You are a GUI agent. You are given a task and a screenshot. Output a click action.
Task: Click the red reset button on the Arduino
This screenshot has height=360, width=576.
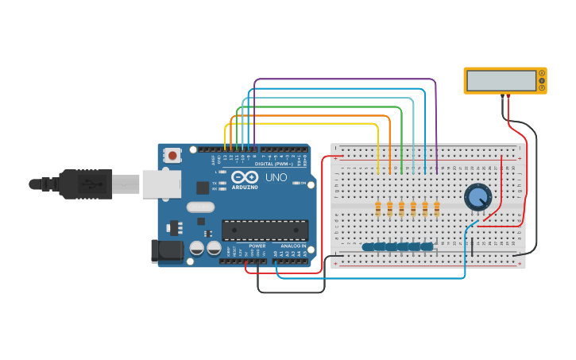pos(172,156)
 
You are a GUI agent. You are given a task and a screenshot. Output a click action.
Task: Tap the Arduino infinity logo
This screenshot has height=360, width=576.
pos(244,177)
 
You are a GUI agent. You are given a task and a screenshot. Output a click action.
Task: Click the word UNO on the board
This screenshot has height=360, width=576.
pos(276,176)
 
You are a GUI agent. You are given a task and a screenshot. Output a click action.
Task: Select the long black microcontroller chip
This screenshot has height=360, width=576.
pos(265,230)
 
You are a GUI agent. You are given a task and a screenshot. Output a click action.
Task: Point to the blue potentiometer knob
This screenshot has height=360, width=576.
pos(477,196)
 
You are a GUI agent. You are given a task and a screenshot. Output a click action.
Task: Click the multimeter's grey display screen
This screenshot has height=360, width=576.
pos(501,80)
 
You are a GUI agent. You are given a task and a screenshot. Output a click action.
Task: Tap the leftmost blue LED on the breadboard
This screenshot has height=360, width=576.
pos(369,246)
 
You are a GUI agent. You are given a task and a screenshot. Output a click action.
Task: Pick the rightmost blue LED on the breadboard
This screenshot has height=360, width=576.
pos(427,246)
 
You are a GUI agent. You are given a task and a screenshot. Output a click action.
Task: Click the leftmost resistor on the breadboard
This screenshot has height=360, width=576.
pos(377,208)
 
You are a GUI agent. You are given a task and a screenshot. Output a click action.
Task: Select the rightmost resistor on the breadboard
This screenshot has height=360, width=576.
pos(436,208)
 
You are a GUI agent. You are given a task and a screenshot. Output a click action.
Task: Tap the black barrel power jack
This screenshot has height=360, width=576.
pos(166,250)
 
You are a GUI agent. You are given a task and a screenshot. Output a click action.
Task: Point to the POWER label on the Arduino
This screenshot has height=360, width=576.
pos(257,246)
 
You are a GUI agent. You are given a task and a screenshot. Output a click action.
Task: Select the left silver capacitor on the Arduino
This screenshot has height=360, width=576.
pos(196,248)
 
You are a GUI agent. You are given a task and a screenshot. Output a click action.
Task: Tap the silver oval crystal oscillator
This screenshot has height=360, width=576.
pos(201,207)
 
